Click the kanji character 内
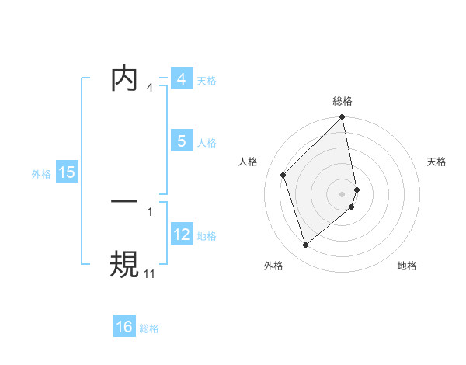point(124,80)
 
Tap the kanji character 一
point(124,200)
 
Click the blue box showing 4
point(181,79)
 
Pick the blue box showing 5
point(181,141)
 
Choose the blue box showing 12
point(181,235)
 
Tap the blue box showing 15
point(67,172)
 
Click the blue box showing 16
point(124,327)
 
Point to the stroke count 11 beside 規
point(149,273)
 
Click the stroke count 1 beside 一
point(150,210)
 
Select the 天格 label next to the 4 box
point(207,81)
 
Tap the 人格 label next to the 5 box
point(207,143)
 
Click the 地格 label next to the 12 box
point(207,236)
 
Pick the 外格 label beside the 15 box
point(41,174)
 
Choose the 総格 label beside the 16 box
point(149,328)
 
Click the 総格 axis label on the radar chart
point(343,101)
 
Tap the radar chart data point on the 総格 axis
point(343,118)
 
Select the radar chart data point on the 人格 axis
point(283,175)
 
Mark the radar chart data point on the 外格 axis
point(306,245)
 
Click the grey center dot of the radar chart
point(343,193)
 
